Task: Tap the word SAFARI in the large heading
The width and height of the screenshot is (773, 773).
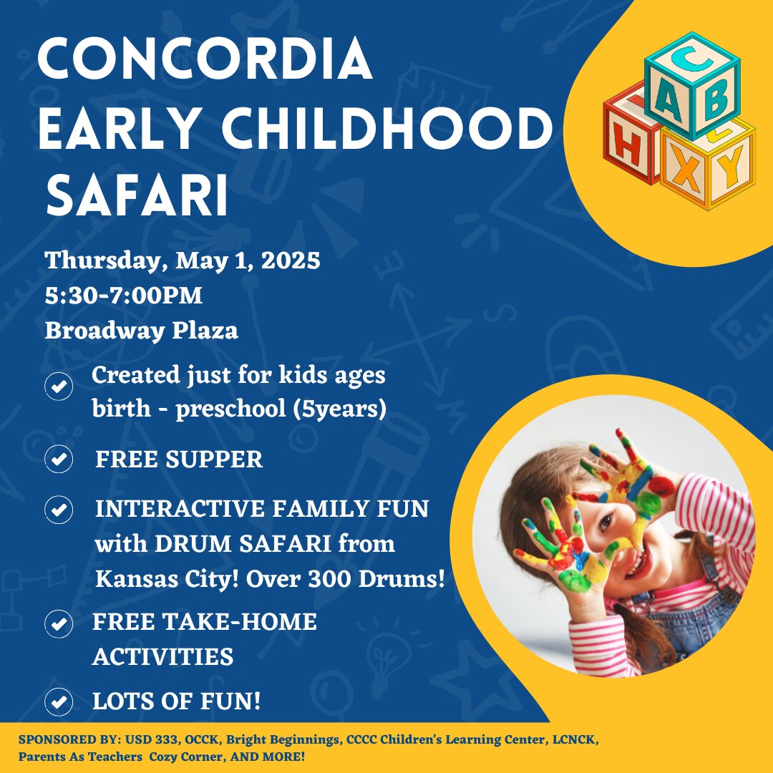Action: [x=137, y=195]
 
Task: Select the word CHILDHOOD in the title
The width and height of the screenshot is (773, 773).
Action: [x=387, y=128]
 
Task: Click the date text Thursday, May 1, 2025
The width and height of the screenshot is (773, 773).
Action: [x=183, y=261]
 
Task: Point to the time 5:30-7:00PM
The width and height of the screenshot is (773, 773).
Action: [x=124, y=296]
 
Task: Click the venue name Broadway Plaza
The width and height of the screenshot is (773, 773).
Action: [x=142, y=330]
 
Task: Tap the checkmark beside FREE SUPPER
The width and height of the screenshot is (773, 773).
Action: [x=59, y=459]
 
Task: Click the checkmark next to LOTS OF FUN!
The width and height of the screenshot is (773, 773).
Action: [x=59, y=701]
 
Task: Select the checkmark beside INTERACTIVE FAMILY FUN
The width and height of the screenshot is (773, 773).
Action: [x=59, y=510]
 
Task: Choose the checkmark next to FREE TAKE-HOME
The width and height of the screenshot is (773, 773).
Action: [x=59, y=623]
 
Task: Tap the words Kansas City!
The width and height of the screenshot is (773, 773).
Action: [x=167, y=579]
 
